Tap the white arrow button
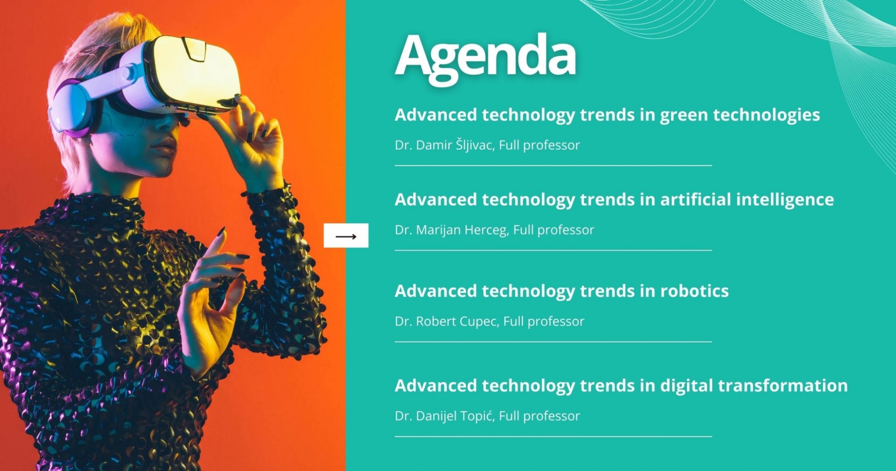[346, 235]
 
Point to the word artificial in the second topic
[695, 199]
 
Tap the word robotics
[694, 291]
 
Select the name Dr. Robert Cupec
[446, 322]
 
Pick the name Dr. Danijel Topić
[444, 416]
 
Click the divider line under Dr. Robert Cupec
[553, 342]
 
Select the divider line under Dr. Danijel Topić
[553, 436]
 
